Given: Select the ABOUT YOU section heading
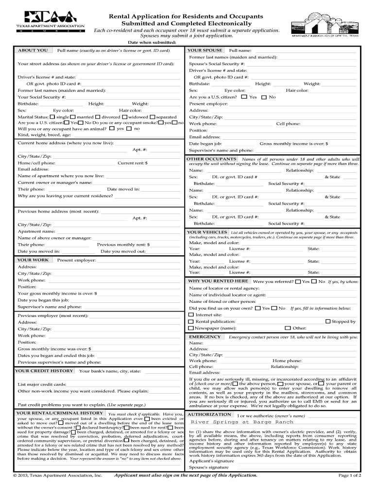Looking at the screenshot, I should click(33, 50).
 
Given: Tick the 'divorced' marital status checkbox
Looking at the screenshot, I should click(98, 117).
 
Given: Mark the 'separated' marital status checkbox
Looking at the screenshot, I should click(153, 117).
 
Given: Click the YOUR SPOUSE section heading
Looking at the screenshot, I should click(205, 50).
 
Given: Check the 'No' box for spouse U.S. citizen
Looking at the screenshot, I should click(264, 97).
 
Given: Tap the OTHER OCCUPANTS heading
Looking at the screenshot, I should click(211, 159).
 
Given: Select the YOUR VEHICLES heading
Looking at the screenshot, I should click(207, 232).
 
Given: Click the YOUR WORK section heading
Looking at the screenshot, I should click(33, 260).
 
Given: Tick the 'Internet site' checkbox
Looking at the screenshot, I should click(191, 315).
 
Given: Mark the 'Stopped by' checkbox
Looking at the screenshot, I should click(328, 321).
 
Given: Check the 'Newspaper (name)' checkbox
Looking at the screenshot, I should click(191, 328).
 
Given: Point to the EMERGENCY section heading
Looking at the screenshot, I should click(204, 337).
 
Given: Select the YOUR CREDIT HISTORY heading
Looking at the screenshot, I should click(44, 371).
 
